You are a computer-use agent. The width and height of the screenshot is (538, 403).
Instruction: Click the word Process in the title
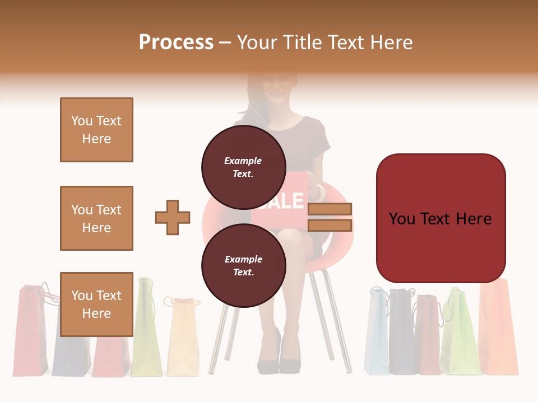point(176,42)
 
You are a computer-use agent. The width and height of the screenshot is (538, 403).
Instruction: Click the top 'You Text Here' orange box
point(96,130)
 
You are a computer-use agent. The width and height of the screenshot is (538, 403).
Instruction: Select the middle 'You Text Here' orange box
point(96,218)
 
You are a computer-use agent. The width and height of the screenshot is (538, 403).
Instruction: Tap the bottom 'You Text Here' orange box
point(96,304)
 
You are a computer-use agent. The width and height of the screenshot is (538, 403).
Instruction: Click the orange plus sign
point(173,217)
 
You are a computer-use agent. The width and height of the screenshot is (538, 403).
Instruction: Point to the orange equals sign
point(330,217)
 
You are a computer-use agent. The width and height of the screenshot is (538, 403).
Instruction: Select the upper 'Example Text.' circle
point(243,167)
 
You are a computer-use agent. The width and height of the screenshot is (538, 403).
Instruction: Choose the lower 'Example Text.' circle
point(243,265)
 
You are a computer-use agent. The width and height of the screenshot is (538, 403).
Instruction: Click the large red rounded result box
point(440,218)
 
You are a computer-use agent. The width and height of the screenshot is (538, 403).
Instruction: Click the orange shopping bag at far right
point(499,330)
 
